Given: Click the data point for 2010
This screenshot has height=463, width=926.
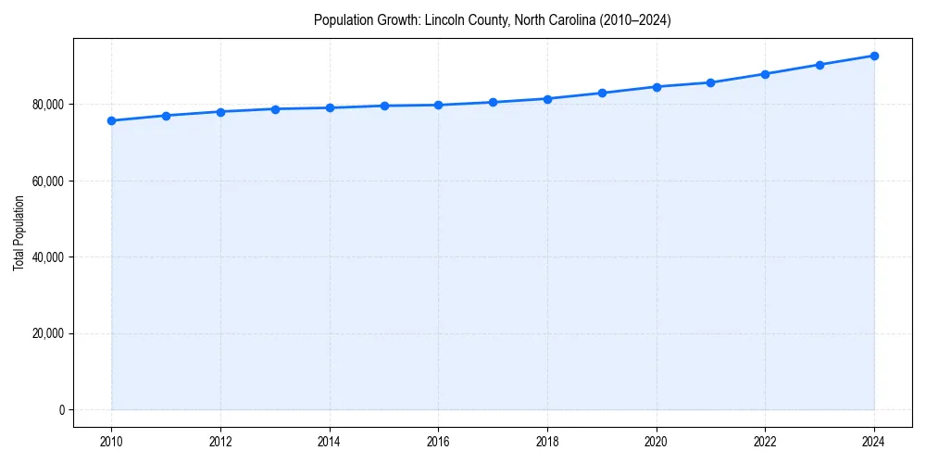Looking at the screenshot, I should pyautogui.click(x=111, y=120).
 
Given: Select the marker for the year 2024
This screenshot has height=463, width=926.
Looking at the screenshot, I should pyautogui.click(x=874, y=56).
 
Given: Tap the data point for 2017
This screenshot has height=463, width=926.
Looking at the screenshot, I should pyautogui.click(x=493, y=102).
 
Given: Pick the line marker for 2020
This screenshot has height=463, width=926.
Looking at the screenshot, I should pyautogui.click(x=657, y=86).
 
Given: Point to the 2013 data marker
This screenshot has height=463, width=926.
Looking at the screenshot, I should pyautogui.click(x=275, y=109).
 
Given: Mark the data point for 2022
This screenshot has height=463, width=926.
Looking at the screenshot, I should pyautogui.click(x=765, y=74).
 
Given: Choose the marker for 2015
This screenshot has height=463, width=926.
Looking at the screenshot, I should pyautogui.click(x=384, y=106).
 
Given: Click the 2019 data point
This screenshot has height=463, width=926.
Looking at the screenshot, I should pyautogui.click(x=602, y=93).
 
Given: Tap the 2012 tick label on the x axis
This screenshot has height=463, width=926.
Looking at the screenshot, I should pyautogui.click(x=220, y=443).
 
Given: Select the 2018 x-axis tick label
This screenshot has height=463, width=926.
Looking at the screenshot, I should pyautogui.click(x=547, y=443).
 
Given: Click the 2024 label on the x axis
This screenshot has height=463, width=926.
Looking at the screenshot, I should pyautogui.click(x=874, y=443).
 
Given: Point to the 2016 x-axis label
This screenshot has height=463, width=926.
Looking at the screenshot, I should pyautogui.click(x=438, y=443).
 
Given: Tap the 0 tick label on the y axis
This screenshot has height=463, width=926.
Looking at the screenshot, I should pyautogui.click(x=62, y=410).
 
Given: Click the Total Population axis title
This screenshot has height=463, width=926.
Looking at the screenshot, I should pyautogui.click(x=19, y=232).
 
